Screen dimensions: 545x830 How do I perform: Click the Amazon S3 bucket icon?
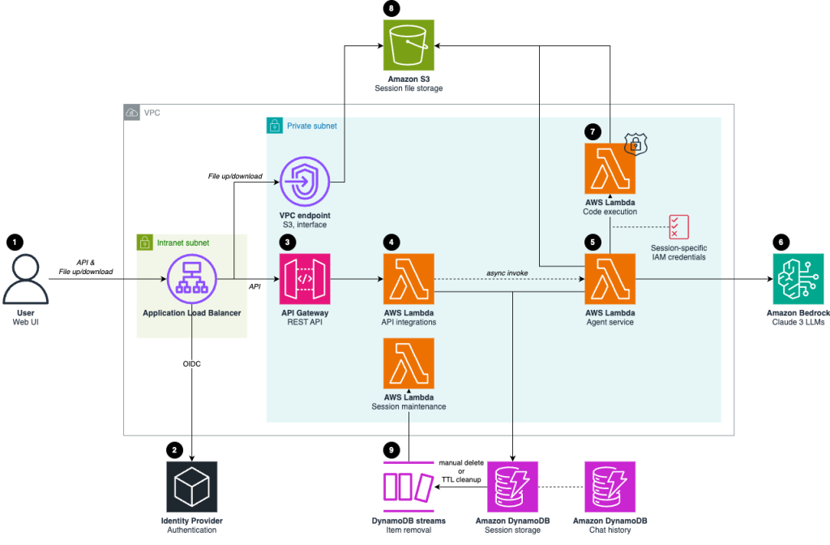(409, 45)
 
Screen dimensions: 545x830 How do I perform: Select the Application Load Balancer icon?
(191, 277)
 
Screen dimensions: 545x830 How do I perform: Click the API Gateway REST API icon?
(305, 278)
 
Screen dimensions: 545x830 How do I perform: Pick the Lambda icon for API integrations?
(409, 278)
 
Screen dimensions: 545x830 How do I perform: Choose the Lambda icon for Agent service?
(610, 278)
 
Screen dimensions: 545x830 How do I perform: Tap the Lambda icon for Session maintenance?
(409, 363)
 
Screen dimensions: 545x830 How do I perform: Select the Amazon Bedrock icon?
(798, 278)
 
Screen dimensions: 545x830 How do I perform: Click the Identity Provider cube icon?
(191, 487)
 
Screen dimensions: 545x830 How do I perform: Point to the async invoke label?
(508, 273)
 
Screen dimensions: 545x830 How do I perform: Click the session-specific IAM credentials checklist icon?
(678, 226)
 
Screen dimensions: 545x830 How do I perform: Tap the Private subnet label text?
(311, 127)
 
